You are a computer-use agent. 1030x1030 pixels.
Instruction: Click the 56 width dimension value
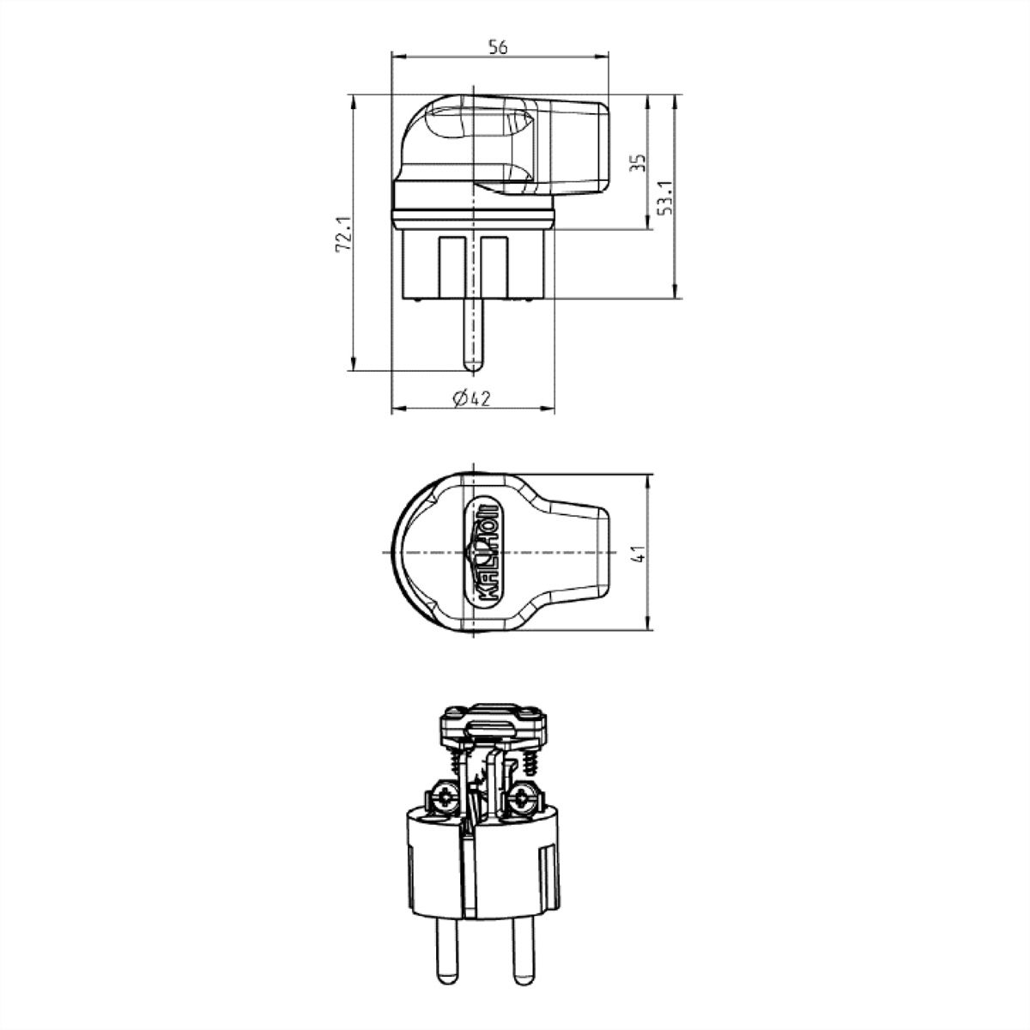pos(499,48)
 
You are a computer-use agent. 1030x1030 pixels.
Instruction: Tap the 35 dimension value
pos(637,164)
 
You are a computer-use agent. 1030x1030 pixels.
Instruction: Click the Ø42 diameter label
pos(470,397)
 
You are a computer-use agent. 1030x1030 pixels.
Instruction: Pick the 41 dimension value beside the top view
pos(637,551)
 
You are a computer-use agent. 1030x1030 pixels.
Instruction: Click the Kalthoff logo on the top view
pos(482,551)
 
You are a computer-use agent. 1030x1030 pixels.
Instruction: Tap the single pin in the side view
pos(472,335)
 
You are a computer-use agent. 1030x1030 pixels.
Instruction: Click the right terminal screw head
pos(522,799)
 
